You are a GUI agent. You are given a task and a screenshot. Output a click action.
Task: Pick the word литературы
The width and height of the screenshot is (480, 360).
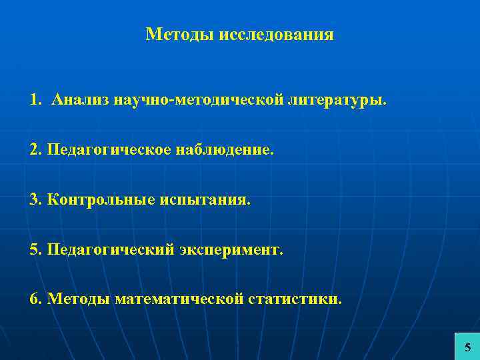[337, 101]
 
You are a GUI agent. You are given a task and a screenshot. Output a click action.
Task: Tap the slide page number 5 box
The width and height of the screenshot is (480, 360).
[467, 346]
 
